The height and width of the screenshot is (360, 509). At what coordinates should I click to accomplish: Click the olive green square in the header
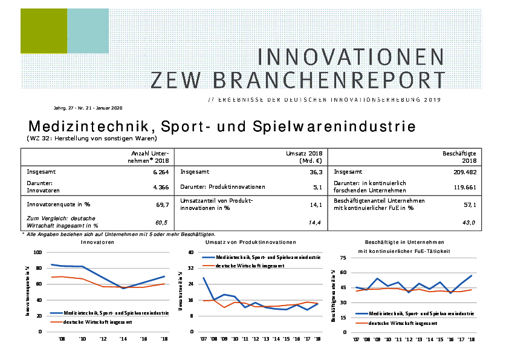point(43,31)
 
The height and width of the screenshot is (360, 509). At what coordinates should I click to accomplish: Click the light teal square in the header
point(88,31)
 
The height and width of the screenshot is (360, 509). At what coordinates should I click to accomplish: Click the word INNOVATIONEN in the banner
point(351,57)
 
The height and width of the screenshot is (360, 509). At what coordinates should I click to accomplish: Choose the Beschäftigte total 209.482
point(464,172)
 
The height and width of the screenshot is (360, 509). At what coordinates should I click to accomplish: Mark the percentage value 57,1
point(469,205)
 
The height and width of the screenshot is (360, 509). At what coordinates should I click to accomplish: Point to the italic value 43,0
point(469,223)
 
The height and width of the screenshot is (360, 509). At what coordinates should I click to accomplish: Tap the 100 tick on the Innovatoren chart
point(38,252)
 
